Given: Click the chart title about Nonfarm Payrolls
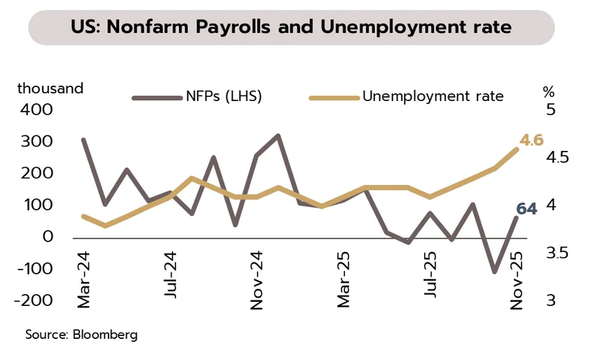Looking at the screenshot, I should (291, 28).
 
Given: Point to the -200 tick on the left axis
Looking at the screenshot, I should (35, 300).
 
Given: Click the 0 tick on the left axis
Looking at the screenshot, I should (48, 237).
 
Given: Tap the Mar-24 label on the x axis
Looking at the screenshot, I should (84, 281).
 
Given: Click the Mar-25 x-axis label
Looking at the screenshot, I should (343, 281).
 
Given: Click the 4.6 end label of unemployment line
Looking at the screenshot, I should (531, 140).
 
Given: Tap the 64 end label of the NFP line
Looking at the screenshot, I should (527, 208).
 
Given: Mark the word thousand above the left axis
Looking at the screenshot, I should (50, 88).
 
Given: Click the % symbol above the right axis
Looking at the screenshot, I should (549, 91).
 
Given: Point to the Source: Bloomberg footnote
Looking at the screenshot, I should (81, 334).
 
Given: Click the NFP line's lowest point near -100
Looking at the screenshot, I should (494, 271).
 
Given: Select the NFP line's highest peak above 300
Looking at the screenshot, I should (278, 135).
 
